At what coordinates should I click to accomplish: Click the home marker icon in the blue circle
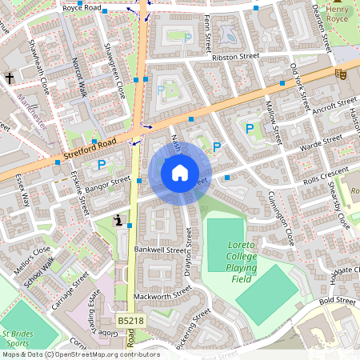pyautogui.click(x=180, y=173)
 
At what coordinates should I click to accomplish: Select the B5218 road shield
pyautogui.click(x=130, y=320)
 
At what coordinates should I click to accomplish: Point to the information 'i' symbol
pyautogui.click(x=118, y=220)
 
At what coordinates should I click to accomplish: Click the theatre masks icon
pyautogui.click(x=340, y=74)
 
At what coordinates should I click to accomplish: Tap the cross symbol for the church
pyautogui.click(x=10, y=78)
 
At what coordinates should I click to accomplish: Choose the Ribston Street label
pyautogui.click(x=236, y=58)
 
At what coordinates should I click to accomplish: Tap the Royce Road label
pyautogui.click(x=82, y=8)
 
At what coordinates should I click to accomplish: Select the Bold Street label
pyautogui.click(x=337, y=302)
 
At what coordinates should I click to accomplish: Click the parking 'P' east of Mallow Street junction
pyautogui.click(x=250, y=128)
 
